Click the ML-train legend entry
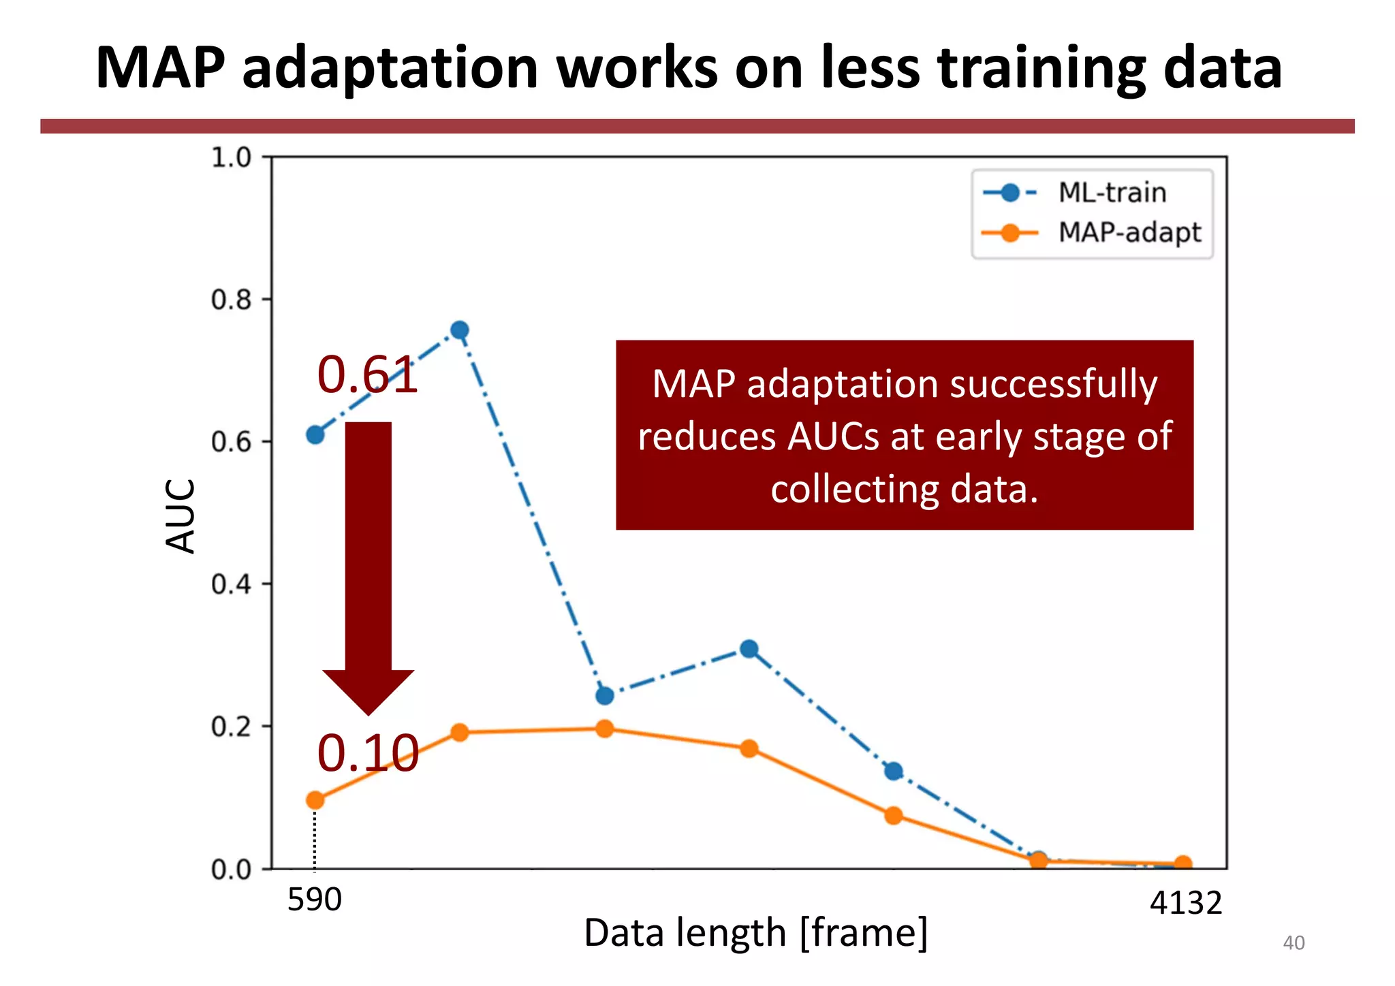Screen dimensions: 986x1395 [x=1111, y=193]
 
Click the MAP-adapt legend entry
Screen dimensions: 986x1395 [x=1129, y=233]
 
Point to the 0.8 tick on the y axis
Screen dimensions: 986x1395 [x=232, y=300]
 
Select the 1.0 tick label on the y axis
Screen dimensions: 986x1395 [x=232, y=157]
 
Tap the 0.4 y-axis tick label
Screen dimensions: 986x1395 [x=232, y=584]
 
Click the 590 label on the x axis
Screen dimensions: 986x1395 [x=314, y=900]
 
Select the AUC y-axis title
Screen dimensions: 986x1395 [x=181, y=515]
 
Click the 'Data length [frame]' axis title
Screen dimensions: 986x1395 [x=755, y=934]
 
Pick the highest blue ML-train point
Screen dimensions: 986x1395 [x=460, y=330]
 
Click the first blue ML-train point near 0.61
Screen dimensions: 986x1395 [x=315, y=434]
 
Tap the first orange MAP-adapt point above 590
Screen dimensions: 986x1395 [x=315, y=800]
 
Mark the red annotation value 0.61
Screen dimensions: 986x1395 [x=367, y=375]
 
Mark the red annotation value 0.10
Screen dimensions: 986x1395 [x=368, y=753]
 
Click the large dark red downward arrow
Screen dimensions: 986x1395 [x=369, y=565]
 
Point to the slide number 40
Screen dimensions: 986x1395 [x=1293, y=943]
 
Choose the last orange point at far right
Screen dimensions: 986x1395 [x=1183, y=863]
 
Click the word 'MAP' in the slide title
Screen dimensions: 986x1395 [x=160, y=68]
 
